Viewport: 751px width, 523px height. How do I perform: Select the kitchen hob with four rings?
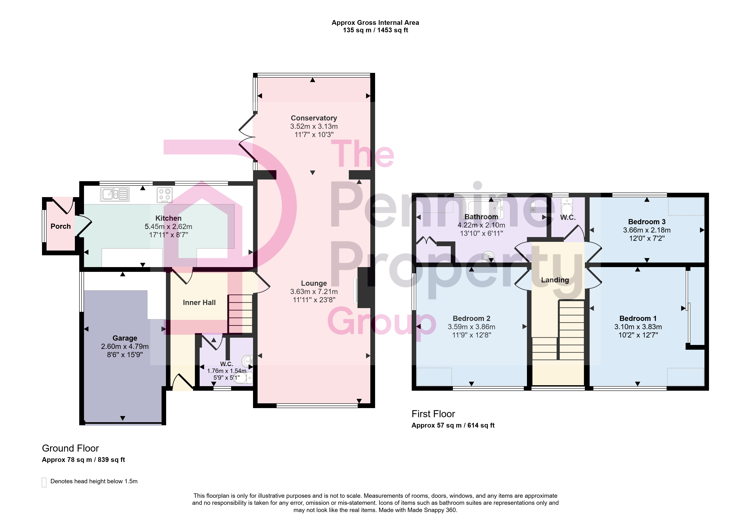click(x=164, y=194)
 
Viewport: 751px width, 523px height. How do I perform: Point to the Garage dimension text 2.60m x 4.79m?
click(x=125, y=346)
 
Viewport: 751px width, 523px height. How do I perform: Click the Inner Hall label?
click(x=199, y=302)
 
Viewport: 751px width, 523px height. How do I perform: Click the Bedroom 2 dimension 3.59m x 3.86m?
click(x=471, y=327)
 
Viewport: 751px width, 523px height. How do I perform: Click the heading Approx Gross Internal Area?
click(x=375, y=23)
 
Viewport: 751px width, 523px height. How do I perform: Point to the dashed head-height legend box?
click(x=44, y=482)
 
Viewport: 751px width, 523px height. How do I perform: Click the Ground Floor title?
click(x=70, y=448)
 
